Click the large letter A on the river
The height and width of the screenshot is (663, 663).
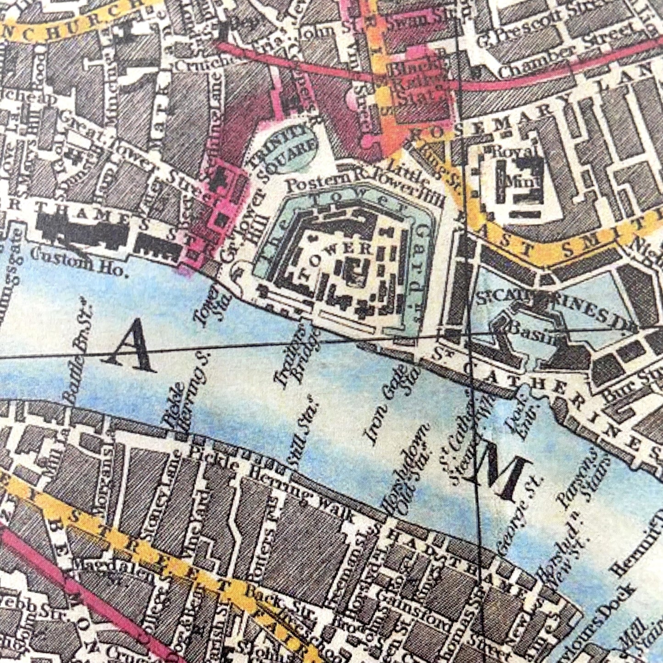click(132, 346)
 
